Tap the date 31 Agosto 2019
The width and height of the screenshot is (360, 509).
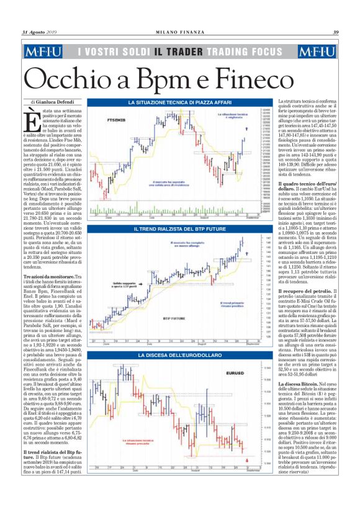[40, 33]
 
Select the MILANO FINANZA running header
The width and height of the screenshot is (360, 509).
[179, 33]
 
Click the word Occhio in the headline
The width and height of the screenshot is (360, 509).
[75, 78]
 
